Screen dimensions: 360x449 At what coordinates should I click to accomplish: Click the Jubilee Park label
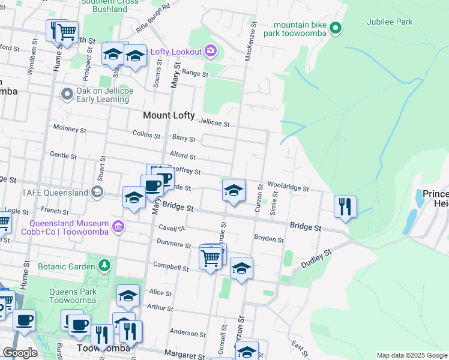coord(390,22)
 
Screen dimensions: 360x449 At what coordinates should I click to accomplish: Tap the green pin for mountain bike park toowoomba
coord(336,28)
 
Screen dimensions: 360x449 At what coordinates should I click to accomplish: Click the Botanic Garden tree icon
coord(104,265)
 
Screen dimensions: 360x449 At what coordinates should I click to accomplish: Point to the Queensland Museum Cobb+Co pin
coord(119,226)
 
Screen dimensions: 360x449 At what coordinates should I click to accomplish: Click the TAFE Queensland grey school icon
coord(96,192)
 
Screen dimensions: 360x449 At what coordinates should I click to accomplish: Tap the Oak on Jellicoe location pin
coord(67,94)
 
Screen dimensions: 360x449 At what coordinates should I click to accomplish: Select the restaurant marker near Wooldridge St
coord(345,207)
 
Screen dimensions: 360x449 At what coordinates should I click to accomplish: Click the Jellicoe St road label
coord(215,124)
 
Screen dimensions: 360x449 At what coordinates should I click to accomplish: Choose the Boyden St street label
coord(268,239)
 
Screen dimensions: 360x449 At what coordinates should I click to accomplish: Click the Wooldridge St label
coord(288,188)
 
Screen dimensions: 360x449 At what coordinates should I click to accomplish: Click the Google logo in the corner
coord(20,353)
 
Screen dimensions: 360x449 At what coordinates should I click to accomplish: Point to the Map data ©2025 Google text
coord(412,355)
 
